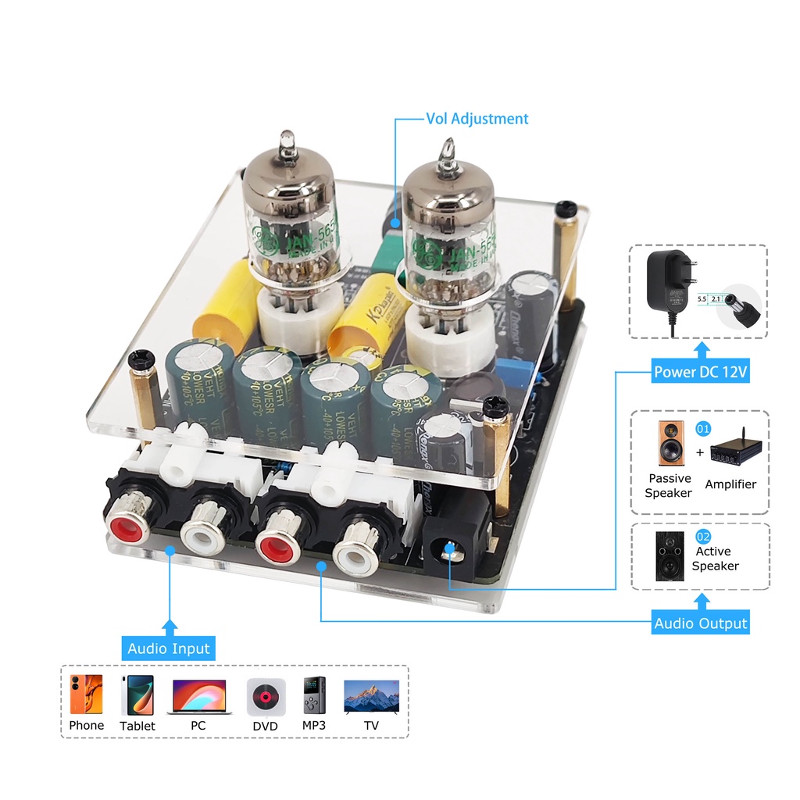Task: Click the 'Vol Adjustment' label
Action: (477, 119)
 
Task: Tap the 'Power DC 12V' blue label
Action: (701, 372)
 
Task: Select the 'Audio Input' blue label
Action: (168, 648)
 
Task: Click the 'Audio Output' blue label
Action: (701, 623)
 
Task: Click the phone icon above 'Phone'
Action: (86, 695)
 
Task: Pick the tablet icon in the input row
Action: (137, 695)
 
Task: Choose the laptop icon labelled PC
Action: (198, 695)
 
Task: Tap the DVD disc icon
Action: (266, 695)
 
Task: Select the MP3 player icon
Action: (314, 695)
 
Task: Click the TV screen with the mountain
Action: (371, 695)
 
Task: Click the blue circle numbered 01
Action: (703, 429)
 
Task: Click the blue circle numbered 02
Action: (703, 536)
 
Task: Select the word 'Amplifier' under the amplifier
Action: (730, 484)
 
